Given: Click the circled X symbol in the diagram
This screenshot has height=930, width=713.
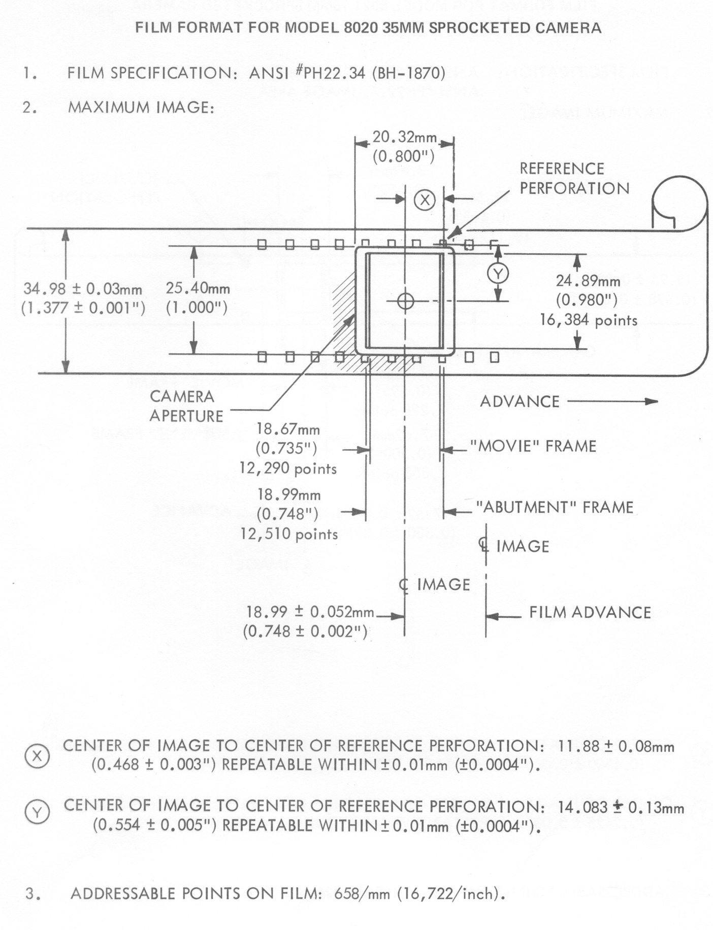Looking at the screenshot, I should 425,200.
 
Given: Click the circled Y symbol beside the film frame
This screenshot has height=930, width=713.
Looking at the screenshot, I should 498,274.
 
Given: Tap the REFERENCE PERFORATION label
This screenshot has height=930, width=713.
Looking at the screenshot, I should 574,179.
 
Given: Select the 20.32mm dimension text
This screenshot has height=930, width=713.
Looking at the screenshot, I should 404,137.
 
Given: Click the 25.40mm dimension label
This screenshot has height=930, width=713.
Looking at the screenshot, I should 198,288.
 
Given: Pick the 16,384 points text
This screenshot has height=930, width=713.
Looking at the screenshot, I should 588,320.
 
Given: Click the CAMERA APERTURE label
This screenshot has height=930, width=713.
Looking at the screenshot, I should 186,406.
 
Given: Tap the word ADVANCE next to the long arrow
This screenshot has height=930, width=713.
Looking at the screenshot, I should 519,402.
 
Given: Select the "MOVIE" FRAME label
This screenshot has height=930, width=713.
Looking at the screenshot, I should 533,446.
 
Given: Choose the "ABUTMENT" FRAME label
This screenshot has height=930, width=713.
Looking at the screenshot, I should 554,507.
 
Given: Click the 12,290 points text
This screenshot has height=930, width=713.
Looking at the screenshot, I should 288,468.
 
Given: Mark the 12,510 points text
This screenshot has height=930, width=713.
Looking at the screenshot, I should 289,534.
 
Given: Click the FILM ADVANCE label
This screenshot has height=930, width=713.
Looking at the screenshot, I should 590,612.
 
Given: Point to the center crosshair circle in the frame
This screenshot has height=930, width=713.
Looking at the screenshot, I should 405,301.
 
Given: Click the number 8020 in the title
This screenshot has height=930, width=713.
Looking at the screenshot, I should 361,28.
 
